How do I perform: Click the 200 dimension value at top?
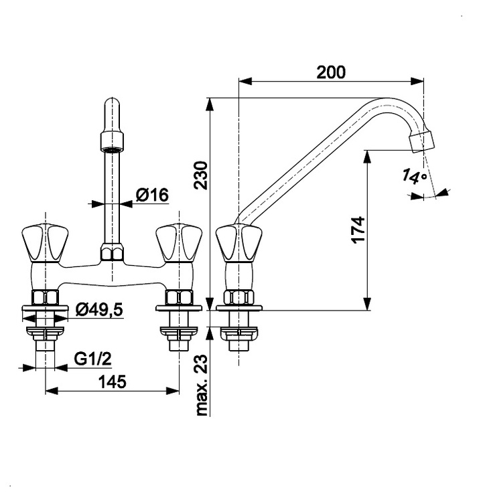pos(332,72)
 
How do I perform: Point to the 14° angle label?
pos(415,177)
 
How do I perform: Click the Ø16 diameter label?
pos(151,195)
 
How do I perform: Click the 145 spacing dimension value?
pos(112,382)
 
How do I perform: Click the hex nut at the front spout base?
pos(112,253)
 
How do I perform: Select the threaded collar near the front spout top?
pos(112,140)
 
